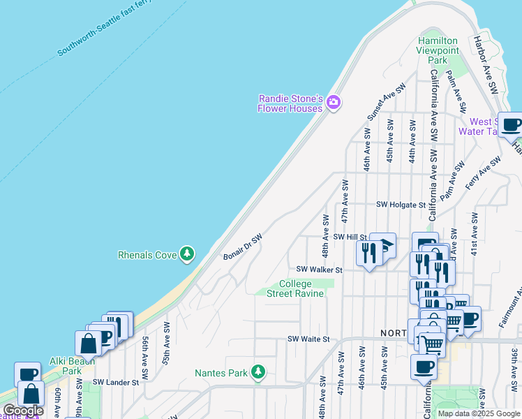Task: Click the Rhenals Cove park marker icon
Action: click(186, 254)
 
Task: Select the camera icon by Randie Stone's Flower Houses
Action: click(333, 103)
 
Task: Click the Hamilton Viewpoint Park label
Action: click(438, 51)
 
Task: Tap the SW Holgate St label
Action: click(401, 205)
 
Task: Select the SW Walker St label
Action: click(319, 269)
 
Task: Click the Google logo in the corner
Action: click(23, 411)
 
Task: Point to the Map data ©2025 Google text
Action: click(478, 413)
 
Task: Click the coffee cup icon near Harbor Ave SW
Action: click(512, 125)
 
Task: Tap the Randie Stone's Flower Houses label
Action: click(290, 103)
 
